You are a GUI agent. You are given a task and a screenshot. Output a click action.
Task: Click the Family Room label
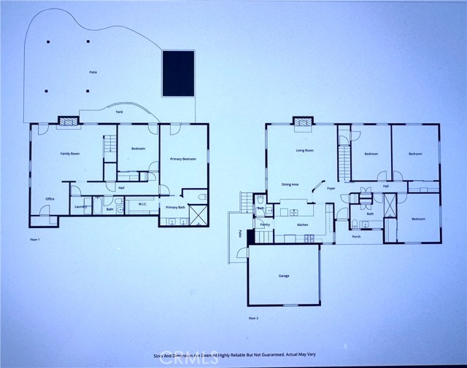[69, 154]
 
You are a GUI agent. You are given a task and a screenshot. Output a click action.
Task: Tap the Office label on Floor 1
[50, 198]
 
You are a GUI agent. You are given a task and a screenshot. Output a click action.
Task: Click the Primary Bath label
[175, 208]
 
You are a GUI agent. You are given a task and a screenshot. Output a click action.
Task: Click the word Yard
[119, 112]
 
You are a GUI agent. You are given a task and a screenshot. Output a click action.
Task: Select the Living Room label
[304, 151]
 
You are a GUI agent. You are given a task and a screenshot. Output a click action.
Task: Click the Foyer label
[331, 189]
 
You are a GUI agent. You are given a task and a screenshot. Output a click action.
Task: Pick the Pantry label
[265, 225]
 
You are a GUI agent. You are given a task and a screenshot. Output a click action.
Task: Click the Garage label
[284, 276]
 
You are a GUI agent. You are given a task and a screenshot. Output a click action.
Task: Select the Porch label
[356, 237]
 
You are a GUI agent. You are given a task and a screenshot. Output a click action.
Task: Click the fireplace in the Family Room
[68, 122]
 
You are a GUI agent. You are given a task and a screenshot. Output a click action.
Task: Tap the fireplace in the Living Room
[304, 122]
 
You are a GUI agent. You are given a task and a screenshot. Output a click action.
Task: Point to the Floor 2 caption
[254, 318]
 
